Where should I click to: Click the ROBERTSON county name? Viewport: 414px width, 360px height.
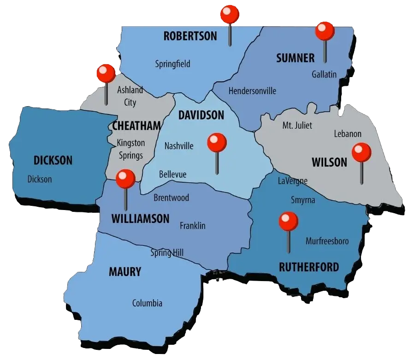[190, 36]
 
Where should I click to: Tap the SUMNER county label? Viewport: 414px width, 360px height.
[295, 58]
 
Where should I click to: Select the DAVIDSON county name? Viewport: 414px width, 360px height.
[201, 115]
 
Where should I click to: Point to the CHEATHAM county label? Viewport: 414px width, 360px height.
[136, 126]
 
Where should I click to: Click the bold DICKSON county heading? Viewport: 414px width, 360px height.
[53, 161]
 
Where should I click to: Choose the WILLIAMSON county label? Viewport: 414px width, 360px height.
[141, 219]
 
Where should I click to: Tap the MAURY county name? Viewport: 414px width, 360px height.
[124, 272]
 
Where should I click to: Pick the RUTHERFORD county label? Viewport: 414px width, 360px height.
[309, 267]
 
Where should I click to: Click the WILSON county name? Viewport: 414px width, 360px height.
[329, 162]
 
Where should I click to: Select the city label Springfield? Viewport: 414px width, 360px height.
[173, 64]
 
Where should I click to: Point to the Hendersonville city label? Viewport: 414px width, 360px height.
[252, 91]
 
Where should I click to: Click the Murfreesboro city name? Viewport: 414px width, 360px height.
[327, 241]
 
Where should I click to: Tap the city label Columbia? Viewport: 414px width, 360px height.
[147, 304]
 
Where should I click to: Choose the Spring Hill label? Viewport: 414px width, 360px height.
[167, 253]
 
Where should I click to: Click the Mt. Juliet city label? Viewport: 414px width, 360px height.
[297, 126]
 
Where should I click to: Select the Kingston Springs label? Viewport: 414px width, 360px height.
[130, 150]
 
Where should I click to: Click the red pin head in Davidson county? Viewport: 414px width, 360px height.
[217, 143]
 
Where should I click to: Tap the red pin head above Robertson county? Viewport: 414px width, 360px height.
[230, 14]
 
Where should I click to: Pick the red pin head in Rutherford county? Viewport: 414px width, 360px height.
[289, 221]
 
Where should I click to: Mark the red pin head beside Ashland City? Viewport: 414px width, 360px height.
[106, 73]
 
